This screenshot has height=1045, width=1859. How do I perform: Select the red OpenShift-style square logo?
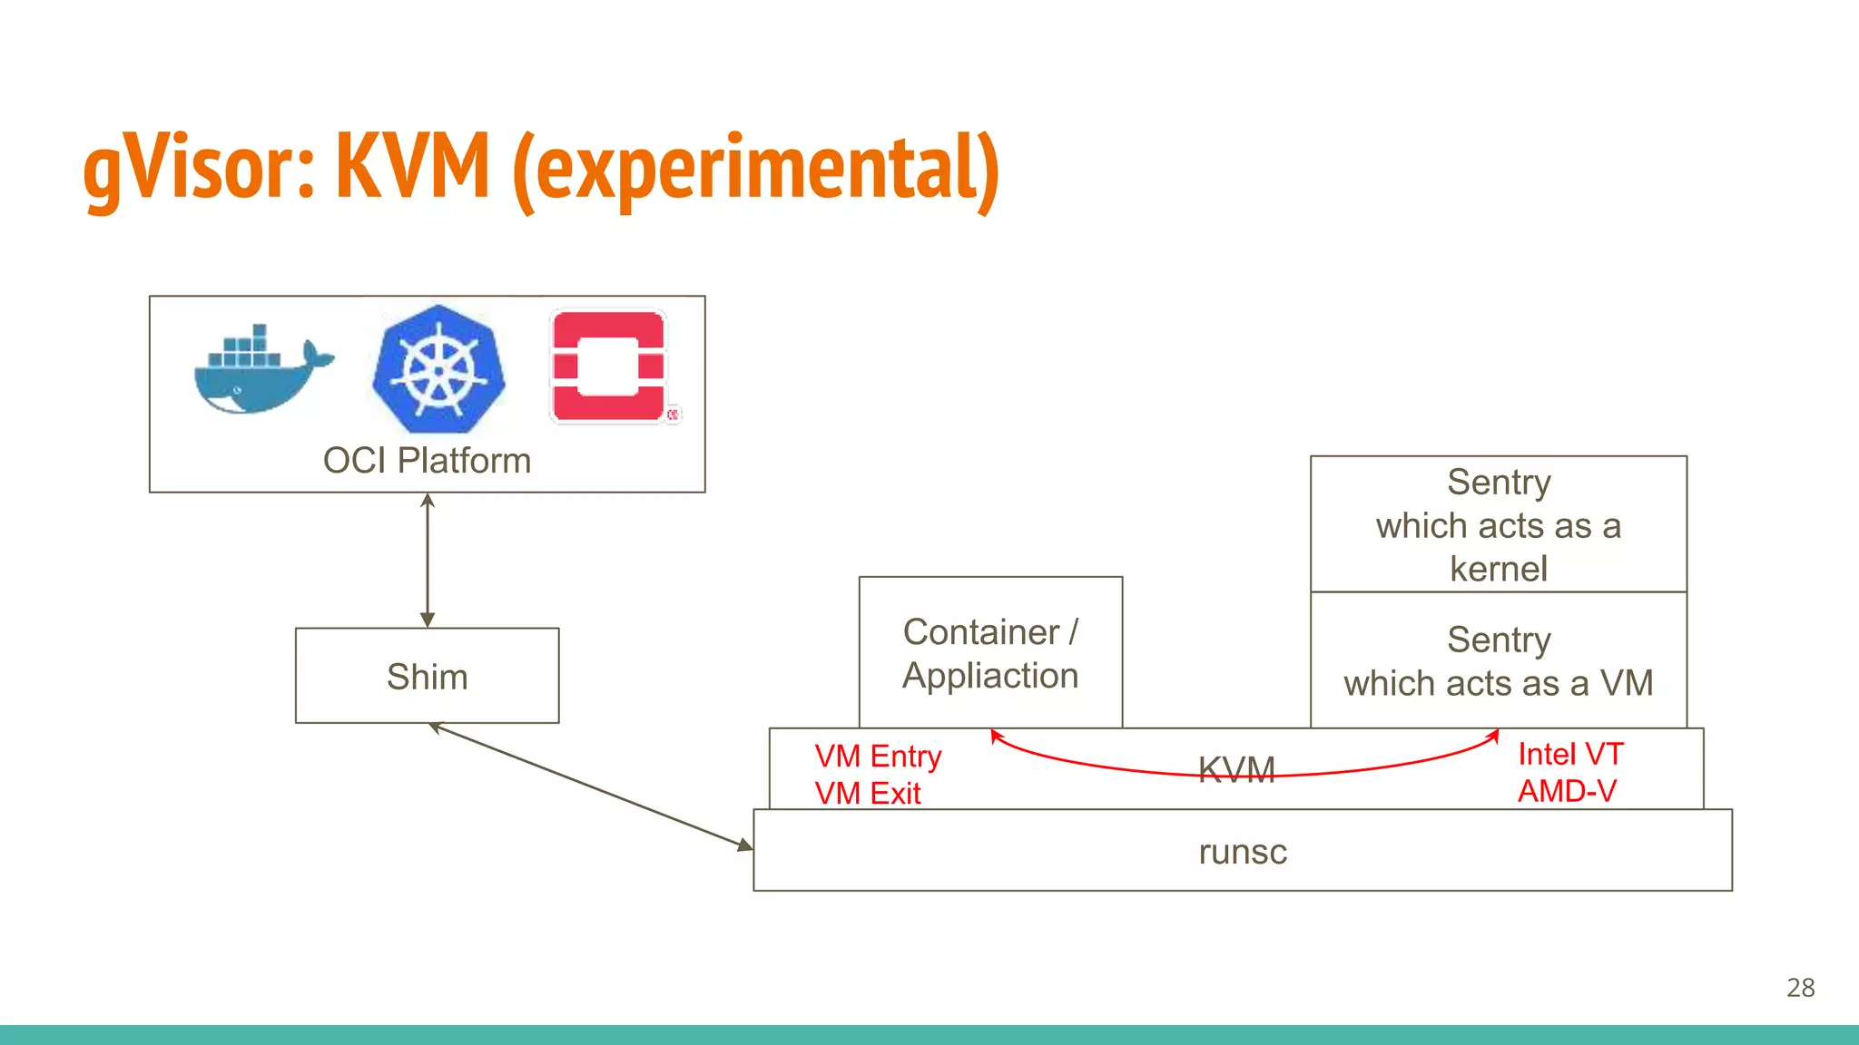point(609,366)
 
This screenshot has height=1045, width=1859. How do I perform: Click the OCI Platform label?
point(427,461)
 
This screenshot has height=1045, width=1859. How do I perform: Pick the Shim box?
point(427,676)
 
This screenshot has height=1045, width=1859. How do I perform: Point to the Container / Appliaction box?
point(990,653)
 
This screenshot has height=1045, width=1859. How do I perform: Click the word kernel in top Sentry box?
point(1498,569)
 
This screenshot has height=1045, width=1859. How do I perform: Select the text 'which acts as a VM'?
point(1498,683)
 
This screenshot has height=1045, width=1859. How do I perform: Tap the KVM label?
point(1236,770)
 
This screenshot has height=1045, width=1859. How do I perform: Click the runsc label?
point(1242,852)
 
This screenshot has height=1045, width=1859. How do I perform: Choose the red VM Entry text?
point(878,756)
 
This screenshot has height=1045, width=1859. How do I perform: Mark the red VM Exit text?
point(867,793)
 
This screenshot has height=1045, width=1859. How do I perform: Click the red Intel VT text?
point(1569,754)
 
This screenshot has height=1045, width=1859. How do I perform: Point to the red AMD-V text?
point(1567,791)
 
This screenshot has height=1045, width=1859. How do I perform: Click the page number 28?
point(1800,987)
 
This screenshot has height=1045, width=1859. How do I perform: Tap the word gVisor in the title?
point(199,168)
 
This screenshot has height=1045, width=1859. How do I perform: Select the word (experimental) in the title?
point(755,170)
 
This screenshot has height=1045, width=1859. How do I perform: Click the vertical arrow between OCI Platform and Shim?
point(428,560)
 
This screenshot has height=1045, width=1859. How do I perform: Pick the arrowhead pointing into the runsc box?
point(745,845)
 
